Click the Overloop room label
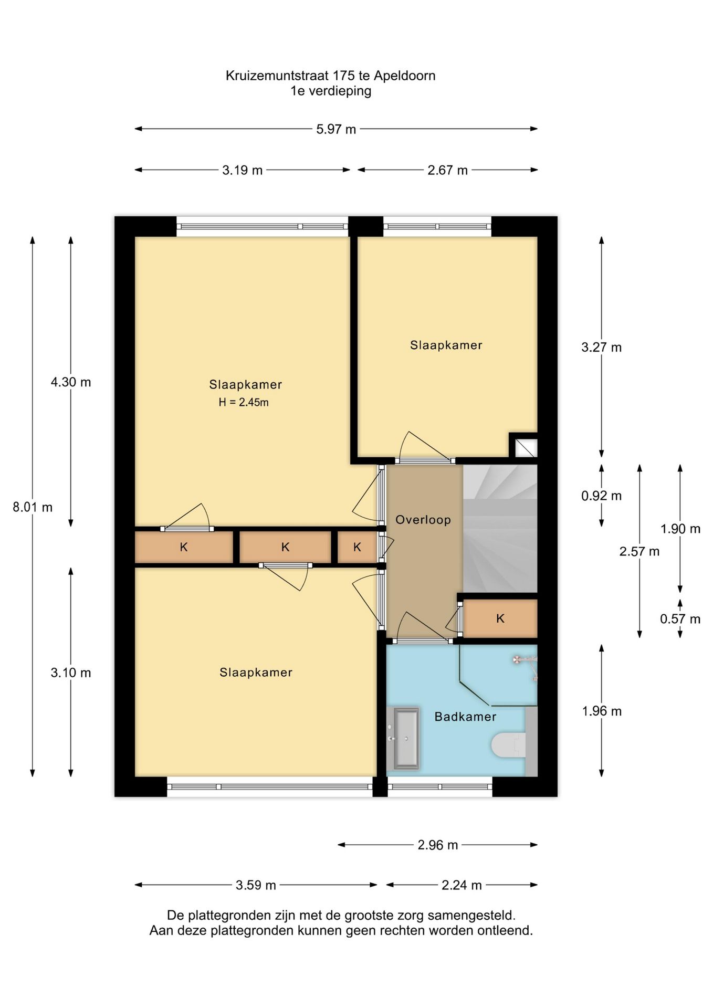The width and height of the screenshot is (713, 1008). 423,520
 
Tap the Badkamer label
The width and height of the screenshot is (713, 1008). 465,717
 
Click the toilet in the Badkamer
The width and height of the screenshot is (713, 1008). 509,745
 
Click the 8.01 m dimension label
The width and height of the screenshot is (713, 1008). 33,507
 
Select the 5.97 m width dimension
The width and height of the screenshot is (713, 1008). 336,129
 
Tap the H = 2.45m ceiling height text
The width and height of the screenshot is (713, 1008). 244,403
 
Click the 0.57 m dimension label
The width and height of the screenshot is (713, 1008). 680,619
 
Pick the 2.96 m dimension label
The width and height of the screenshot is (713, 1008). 438,845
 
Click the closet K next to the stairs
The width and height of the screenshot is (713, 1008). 500,618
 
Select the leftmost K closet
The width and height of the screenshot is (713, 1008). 184,547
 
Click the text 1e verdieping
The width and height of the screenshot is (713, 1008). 331,91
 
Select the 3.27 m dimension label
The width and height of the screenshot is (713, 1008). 601,347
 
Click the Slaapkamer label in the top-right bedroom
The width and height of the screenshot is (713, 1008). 446,345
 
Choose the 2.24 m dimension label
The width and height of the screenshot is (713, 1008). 462,885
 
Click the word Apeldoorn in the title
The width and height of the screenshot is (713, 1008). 405,76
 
